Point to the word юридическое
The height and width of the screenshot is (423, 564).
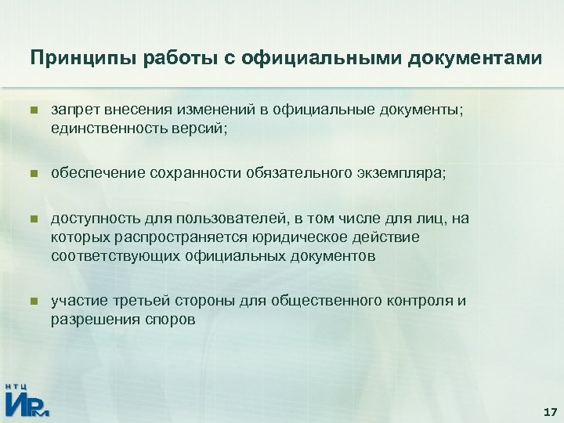299,237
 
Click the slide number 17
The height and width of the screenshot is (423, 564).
548,411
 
